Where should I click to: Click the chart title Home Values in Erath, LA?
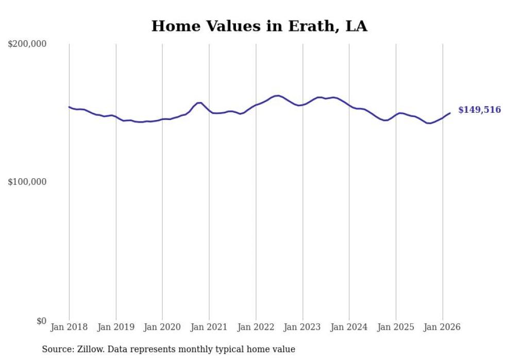pos(259,26)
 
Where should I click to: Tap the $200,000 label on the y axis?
pos(27,44)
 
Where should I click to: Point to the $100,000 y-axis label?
pos(27,182)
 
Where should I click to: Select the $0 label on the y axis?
pos(41,321)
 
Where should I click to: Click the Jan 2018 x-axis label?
pos(69,327)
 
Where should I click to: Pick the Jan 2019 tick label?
pos(116,327)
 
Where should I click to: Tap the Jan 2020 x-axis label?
pos(162,327)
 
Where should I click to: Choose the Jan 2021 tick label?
pos(209,327)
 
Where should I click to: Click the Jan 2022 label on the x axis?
pos(256,327)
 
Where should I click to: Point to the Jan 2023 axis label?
pos(302,327)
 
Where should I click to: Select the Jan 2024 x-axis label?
pos(349,327)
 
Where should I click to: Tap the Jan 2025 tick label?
pos(396,327)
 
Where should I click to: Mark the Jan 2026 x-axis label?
pos(442,327)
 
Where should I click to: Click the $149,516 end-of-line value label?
pos(479,110)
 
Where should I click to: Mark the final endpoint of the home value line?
pos(450,113)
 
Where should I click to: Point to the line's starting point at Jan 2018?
pos(69,107)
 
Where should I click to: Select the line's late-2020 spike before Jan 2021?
pos(199,103)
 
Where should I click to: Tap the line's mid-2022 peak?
pos(278,95)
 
